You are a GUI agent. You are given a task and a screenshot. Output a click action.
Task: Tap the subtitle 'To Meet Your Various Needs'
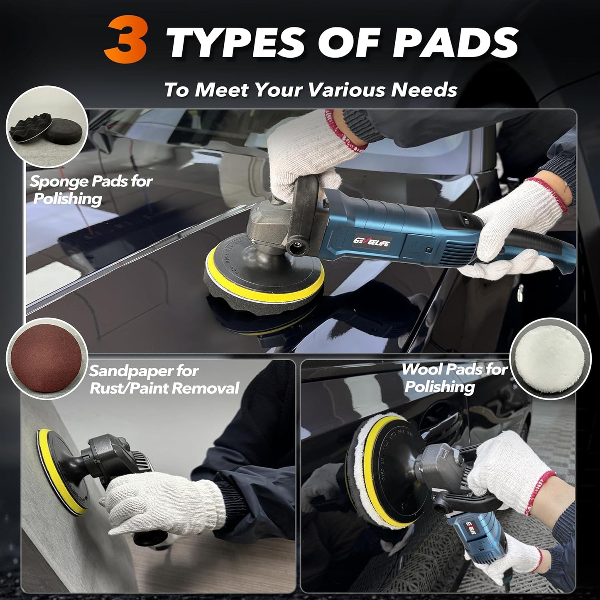(x=311, y=90)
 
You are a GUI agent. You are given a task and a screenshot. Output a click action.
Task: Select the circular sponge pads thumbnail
(x=47, y=127)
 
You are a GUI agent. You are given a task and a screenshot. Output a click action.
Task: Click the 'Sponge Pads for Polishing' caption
(x=91, y=190)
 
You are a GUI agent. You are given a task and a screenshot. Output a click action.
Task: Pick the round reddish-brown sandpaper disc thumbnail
(x=47, y=358)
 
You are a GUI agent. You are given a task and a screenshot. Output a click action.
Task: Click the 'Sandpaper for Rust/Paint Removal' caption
(x=164, y=380)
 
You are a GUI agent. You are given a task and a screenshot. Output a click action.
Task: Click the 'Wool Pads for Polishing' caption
(x=455, y=378)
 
